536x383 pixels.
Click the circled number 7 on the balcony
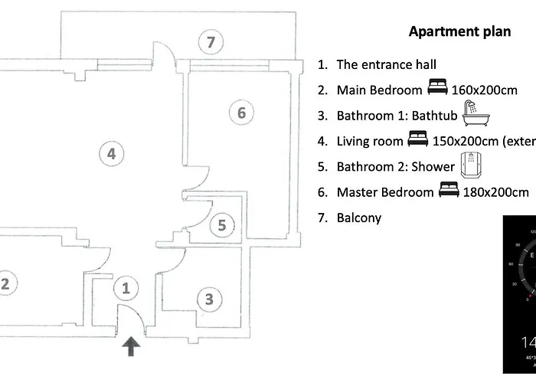[211, 41]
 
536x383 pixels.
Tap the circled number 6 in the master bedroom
[240, 113]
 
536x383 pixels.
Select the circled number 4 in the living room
[111, 154]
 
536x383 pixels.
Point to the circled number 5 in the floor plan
[221, 225]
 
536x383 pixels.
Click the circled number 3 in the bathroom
[208, 299]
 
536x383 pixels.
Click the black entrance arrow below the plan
[132, 347]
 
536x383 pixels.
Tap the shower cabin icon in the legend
[469, 165]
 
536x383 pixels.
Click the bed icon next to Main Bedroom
[437, 90]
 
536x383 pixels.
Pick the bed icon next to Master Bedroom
[449, 191]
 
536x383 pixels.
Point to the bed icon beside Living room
[417, 140]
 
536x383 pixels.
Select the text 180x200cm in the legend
[495, 192]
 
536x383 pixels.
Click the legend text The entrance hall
[386, 65]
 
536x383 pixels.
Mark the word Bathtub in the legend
[434, 116]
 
